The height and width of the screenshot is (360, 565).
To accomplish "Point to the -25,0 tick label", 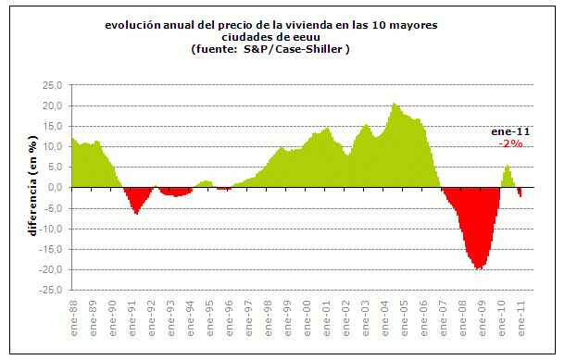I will click(52, 291).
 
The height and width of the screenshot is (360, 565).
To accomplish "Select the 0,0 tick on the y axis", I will click(56, 188).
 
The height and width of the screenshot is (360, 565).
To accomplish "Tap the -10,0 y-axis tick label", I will click(52, 229).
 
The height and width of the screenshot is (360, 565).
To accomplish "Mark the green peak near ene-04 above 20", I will click(395, 105).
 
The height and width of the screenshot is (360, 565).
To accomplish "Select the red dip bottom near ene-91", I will click(136, 213).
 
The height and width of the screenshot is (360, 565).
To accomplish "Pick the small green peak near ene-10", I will click(507, 167).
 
